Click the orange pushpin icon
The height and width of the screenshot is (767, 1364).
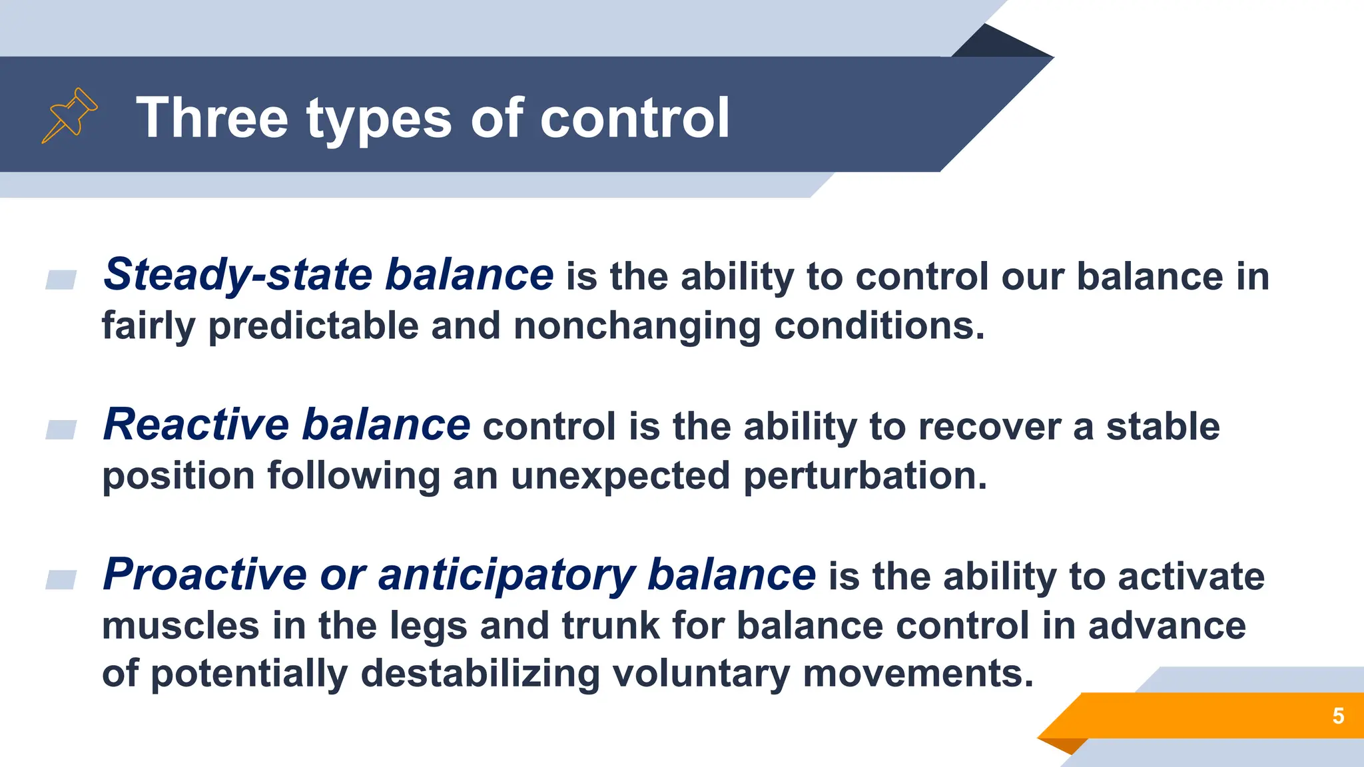[x=69, y=115]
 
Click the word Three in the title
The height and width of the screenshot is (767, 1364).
[x=212, y=118]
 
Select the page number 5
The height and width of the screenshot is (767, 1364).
[x=1338, y=716]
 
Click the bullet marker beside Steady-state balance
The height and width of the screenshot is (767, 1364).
[x=61, y=280]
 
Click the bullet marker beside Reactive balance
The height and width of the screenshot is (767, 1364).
[x=61, y=429]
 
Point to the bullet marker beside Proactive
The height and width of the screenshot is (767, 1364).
[x=61, y=579]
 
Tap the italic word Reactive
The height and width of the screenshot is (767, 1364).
[x=196, y=425]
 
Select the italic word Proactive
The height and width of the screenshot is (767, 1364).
[x=204, y=575]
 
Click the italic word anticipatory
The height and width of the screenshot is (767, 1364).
[x=507, y=575]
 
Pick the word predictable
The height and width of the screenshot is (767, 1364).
[x=313, y=326]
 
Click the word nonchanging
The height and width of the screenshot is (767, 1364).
[x=637, y=326]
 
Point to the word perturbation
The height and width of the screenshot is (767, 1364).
[x=864, y=476]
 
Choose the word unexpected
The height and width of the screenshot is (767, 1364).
[x=620, y=476]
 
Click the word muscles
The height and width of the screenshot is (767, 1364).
[x=180, y=626]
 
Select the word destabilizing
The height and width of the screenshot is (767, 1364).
[x=480, y=673]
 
